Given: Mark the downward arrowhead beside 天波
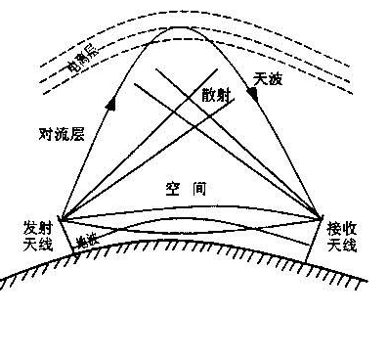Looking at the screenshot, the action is pos(252,93).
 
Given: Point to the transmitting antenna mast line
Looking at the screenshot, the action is pos(66,237).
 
